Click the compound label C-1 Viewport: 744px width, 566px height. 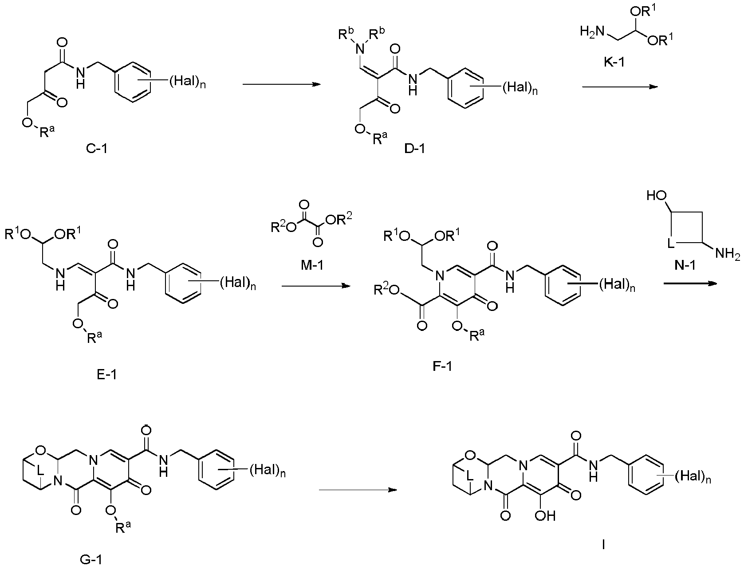pos(97,148)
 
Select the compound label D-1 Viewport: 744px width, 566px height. pos(414,148)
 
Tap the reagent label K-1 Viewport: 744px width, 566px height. pos(614,62)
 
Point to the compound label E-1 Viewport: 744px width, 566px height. pos(107,374)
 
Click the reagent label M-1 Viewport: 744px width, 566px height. pos(312,265)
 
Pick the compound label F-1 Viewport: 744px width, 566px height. pos(442,366)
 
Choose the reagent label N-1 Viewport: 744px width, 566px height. pos(685,265)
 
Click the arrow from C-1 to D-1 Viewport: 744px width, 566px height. pos(282,84)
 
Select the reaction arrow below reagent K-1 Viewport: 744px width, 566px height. pos(620,87)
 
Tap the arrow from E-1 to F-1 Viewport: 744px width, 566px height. pos(316,287)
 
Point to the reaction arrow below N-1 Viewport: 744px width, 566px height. pos(690,283)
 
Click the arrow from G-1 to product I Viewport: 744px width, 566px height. pos(358,490)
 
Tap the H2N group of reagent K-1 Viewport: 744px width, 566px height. pos(592,31)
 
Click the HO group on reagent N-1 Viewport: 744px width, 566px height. pos(657,195)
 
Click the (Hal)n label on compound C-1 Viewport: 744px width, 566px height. pos(187,82)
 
